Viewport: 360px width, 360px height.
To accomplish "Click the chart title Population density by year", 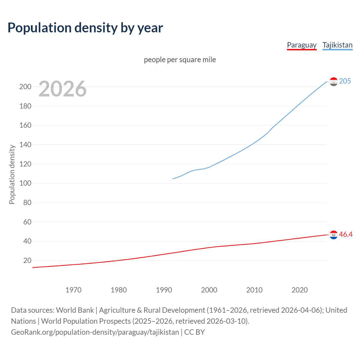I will click(85, 28).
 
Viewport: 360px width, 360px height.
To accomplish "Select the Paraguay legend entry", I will click(301, 45).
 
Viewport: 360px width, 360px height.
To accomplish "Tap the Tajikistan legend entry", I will click(337, 45).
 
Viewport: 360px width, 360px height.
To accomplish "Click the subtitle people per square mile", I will click(180, 60).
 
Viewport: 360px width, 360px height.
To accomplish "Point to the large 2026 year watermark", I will click(62, 89).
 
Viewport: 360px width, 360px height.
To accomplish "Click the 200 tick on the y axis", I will click(25, 87).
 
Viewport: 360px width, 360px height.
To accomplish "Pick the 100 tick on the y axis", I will click(25, 183).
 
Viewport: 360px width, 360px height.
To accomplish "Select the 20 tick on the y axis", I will click(27, 261).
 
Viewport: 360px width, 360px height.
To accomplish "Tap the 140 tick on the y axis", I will click(25, 145).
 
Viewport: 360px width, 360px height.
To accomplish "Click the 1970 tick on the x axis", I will click(73, 290).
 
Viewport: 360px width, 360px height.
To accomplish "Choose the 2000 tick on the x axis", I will click(209, 290).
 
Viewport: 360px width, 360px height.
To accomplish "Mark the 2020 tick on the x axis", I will click(300, 290).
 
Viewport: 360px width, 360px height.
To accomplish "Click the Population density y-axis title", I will click(12, 174).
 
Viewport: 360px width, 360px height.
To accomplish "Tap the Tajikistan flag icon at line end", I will click(334, 82).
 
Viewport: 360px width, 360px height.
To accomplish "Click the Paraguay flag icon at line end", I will click(334, 235).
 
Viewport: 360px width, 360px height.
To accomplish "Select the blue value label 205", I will click(345, 81).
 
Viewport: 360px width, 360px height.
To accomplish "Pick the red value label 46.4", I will click(346, 235).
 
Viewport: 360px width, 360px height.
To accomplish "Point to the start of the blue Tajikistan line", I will click(173, 179).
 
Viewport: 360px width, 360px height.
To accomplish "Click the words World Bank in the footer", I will click(75, 310).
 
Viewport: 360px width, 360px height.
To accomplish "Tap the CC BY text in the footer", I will click(194, 332).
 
